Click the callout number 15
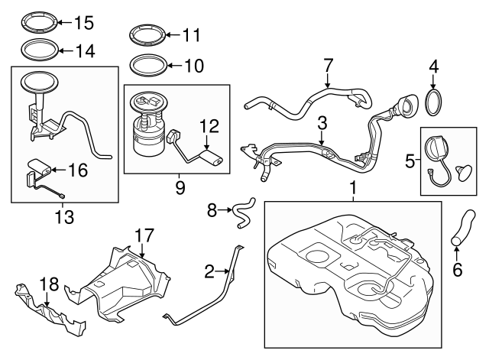pyautogui.click(x=83, y=23)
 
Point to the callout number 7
pyautogui.click(x=329, y=65)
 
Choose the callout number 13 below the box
pyautogui.click(x=64, y=218)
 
